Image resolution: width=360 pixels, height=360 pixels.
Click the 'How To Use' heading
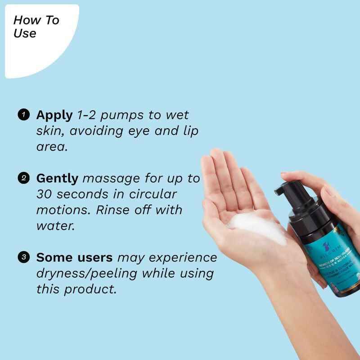(36, 27)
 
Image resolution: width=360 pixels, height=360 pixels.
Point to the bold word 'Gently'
(58, 179)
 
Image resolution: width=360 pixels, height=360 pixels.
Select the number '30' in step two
(45, 195)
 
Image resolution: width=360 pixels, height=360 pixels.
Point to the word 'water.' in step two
(55, 226)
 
